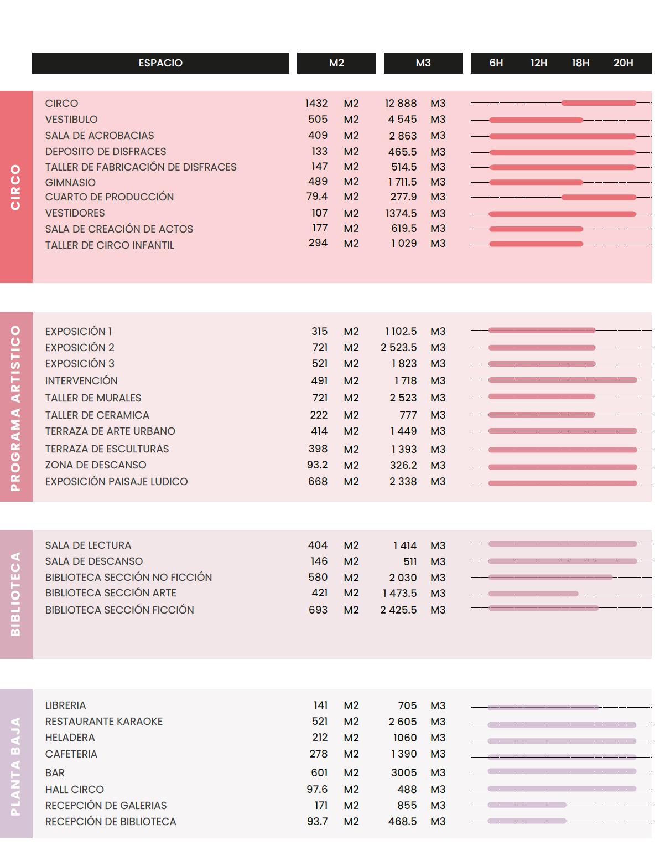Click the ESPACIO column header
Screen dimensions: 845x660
click(x=160, y=63)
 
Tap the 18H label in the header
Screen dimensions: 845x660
click(x=580, y=63)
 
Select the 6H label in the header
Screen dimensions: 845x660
click(x=496, y=63)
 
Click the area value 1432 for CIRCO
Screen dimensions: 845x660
click(x=316, y=104)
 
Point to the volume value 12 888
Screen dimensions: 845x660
click(x=401, y=104)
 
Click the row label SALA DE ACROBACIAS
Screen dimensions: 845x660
click(x=100, y=136)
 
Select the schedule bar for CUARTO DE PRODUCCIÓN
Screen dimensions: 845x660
click(x=599, y=197)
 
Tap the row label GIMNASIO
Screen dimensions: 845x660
click(x=70, y=183)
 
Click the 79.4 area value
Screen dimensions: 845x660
click(x=317, y=197)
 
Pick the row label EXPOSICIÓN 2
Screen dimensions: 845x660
click(x=80, y=348)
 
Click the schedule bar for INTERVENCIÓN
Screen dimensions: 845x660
click(x=562, y=380)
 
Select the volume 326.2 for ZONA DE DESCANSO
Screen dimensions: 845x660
click(x=403, y=466)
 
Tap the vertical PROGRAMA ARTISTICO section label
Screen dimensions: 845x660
click(x=15, y=408)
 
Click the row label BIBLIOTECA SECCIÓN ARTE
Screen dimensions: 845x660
click(x=111, y=593)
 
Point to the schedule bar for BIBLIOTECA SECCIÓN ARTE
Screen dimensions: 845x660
click(x=533, y=594)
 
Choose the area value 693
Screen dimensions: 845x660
click(x=318, y=610)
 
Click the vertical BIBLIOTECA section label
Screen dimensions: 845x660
click(x=15, y=594)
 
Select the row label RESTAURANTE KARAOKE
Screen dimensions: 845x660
click(x=104, y=722)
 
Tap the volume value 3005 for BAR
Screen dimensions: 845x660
click(x=403, y=773)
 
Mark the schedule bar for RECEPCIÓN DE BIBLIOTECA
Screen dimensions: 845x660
click(x=527, y=821)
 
